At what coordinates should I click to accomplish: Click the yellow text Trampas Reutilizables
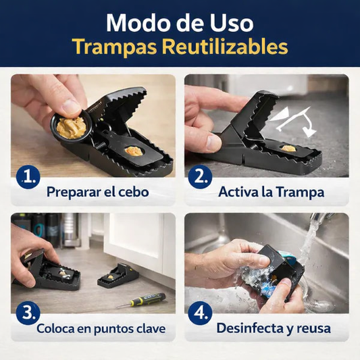180,47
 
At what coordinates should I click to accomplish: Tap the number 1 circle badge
28,177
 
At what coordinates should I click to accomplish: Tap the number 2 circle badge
200,177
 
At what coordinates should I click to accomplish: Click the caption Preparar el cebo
97,191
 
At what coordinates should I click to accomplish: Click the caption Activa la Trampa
272,191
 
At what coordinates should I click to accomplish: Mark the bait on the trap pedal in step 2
288,147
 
